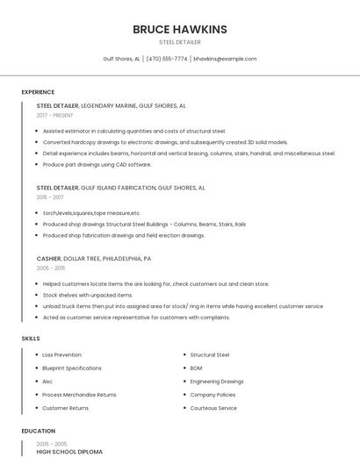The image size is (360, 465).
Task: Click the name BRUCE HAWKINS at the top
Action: [180, 29]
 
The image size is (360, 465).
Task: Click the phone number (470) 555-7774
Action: [167, 59]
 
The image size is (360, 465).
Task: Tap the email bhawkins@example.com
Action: [225, 59]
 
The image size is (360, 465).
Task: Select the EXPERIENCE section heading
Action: [38, 91]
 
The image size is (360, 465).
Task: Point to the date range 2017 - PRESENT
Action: [55, 115]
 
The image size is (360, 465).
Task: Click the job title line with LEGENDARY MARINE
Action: [111, 105]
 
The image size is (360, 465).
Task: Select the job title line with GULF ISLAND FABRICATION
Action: [120, 187]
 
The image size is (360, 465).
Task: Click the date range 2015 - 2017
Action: [50, 197]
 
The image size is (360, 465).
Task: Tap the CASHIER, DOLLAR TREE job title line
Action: [94, 259]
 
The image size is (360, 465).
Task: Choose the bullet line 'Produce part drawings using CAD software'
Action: [97, 164]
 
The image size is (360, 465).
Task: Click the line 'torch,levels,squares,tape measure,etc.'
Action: [91, 212]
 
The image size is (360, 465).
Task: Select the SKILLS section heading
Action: [31, 338]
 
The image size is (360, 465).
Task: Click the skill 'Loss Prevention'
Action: [61, 354]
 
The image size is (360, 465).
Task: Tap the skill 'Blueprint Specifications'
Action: [72, 368]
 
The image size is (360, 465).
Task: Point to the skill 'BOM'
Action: [196, 368]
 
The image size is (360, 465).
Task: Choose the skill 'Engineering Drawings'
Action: [217, 382]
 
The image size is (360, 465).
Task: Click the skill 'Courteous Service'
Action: [213, 408]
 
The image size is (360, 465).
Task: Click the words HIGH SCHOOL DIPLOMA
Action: [69, 451]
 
